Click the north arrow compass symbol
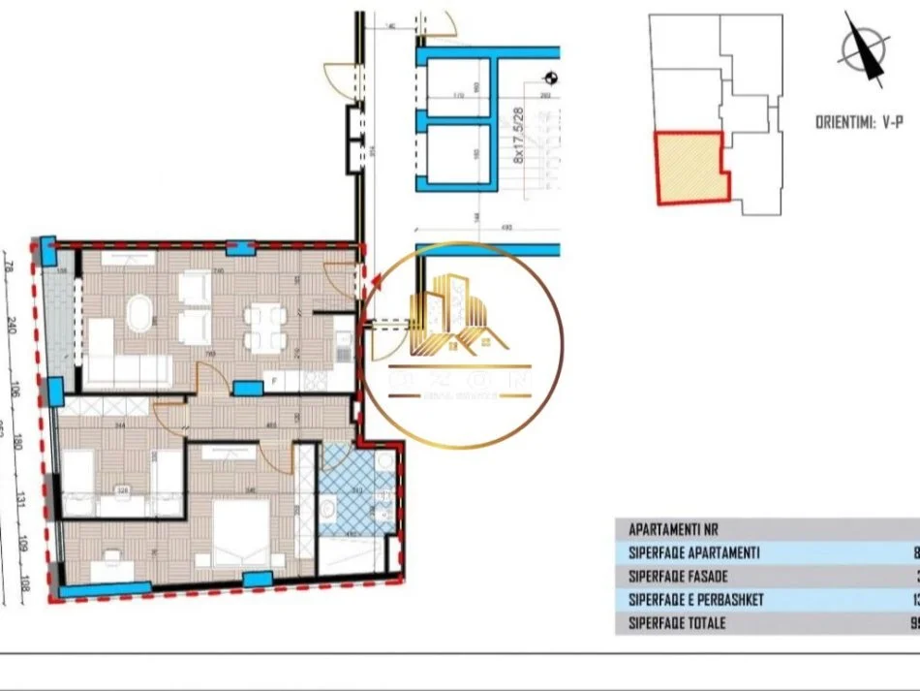pos(864,48)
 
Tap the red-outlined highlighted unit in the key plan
pos(690,167)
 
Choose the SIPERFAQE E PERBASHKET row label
pos(695,600)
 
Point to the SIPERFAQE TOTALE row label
pos(677,623)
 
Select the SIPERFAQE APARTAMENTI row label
pos(693,553)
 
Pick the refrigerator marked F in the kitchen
pos(275,382)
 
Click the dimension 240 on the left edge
pos(11,325)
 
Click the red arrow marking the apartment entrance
pos(376,282)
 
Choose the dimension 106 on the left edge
pos(11,391)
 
